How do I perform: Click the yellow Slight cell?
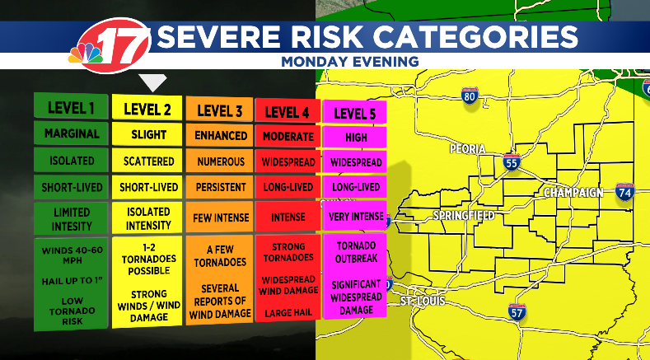click(x=148, y=134)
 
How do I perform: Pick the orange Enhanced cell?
click(x=220, y=134)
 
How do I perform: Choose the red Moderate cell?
click(x=288, y=136)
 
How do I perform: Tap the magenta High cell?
click(x=356, y=137)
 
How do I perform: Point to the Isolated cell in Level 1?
click(x=71, y=161)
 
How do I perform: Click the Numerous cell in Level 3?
click(x=220, y=161)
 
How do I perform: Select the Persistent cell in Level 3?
click(x=220, y=188)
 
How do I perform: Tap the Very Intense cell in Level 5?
click(x=356, y=217)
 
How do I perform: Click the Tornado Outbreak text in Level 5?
click(x=356, y=251)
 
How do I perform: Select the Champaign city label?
click(x=575, y=193)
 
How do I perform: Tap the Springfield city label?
click(x=464, y=216)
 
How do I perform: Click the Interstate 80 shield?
click(x=470, y=96)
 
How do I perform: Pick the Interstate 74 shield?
click(x=624, y=192)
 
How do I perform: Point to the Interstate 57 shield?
click(x=517, y=311)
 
